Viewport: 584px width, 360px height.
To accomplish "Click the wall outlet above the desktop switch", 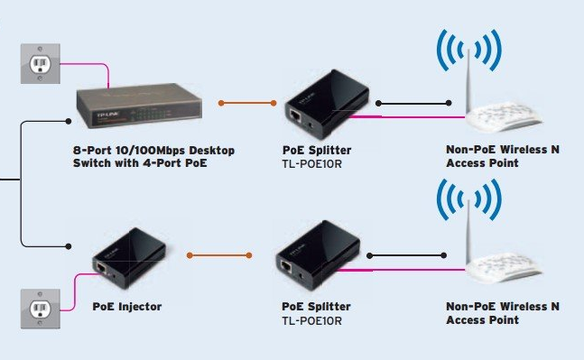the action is tap(41, 64).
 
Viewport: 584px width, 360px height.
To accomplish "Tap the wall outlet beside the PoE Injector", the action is tap(41, 309).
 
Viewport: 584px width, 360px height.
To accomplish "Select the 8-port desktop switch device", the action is tap(139, 106).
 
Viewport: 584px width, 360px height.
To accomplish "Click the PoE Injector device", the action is tap(129, 258).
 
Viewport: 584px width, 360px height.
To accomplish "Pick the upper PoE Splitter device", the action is tap(327, 105).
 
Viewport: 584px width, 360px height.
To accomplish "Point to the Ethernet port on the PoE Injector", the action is tap(101, 267).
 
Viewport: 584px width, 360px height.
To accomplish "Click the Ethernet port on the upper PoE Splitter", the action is tap(295, 115).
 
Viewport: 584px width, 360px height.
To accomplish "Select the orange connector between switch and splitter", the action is tap(247, 103).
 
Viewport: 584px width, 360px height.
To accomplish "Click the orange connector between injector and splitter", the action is tap(219, 255).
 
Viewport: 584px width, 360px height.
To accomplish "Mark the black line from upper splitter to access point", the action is tap(413, 103).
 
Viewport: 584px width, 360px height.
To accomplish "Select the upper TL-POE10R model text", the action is tap(311, 164).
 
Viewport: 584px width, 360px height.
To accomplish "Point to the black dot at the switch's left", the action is tap(69, 122).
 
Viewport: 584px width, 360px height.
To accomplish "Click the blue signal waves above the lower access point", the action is tap(468, 200).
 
